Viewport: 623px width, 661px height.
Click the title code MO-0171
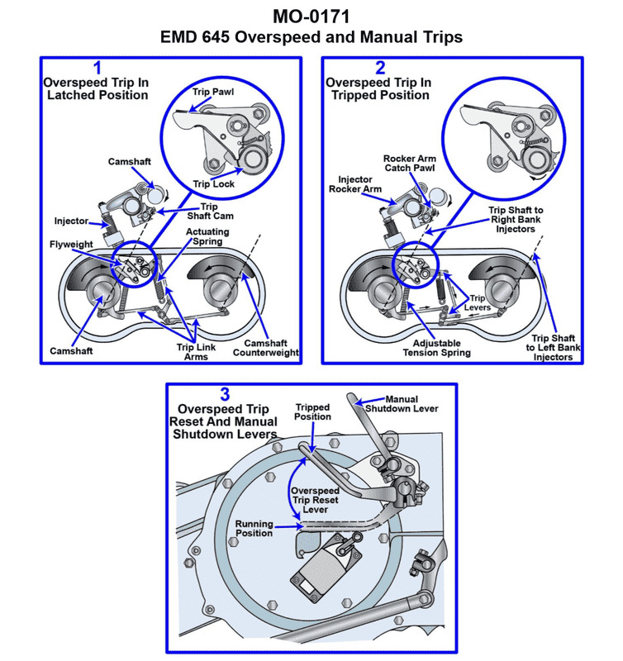click(x=311, y=16)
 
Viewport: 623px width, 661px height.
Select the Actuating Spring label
click(x=207, y=238)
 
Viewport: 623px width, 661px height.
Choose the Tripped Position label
click(x=313, y=411)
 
